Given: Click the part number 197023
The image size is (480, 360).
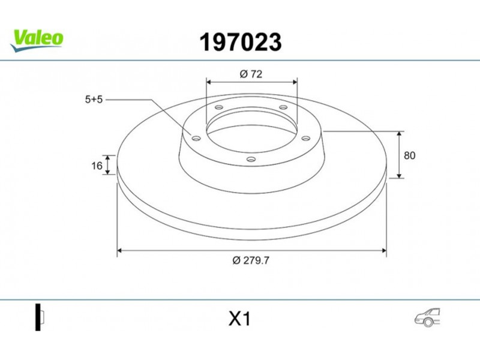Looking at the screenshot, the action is (x=241, y=42).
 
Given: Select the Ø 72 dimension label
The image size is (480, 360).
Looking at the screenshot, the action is (x=251, y=74).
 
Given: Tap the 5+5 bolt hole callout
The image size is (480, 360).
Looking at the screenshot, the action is (x=94, y=100).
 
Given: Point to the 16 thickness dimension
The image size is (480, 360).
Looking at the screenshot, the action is (x=97, y=166).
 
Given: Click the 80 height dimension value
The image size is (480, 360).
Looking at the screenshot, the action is (x=410, y=155).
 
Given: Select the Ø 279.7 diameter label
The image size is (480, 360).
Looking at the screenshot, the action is (x=251, y=260).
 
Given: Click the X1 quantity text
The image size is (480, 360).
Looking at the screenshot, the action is (x=239, y=319).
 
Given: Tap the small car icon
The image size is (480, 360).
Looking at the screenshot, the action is (x=427, y=317).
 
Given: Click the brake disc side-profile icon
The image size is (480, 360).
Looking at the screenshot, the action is (x=40, y=317).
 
